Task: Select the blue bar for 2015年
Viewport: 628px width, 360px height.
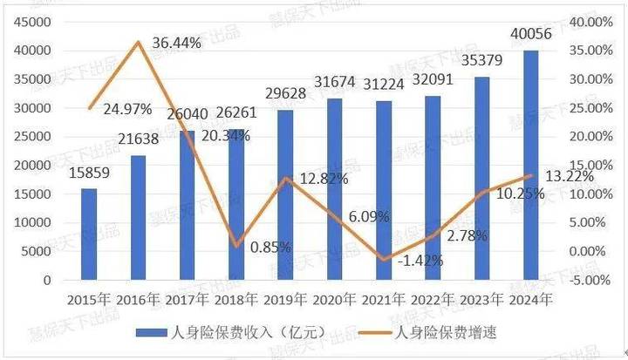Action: [x=89, y=234]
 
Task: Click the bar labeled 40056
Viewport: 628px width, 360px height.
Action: [x=530, y=166]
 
